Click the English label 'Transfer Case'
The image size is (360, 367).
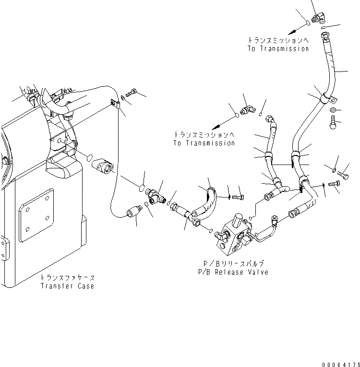[67, 286]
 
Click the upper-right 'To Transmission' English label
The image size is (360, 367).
[278, 49]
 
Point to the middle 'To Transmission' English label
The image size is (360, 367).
[204, 143]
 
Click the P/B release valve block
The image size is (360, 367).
[236, 235]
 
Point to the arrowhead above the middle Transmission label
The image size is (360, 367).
[219, 125]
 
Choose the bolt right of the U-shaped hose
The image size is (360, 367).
[238, 196]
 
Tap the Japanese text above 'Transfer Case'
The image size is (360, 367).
[67, 278]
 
